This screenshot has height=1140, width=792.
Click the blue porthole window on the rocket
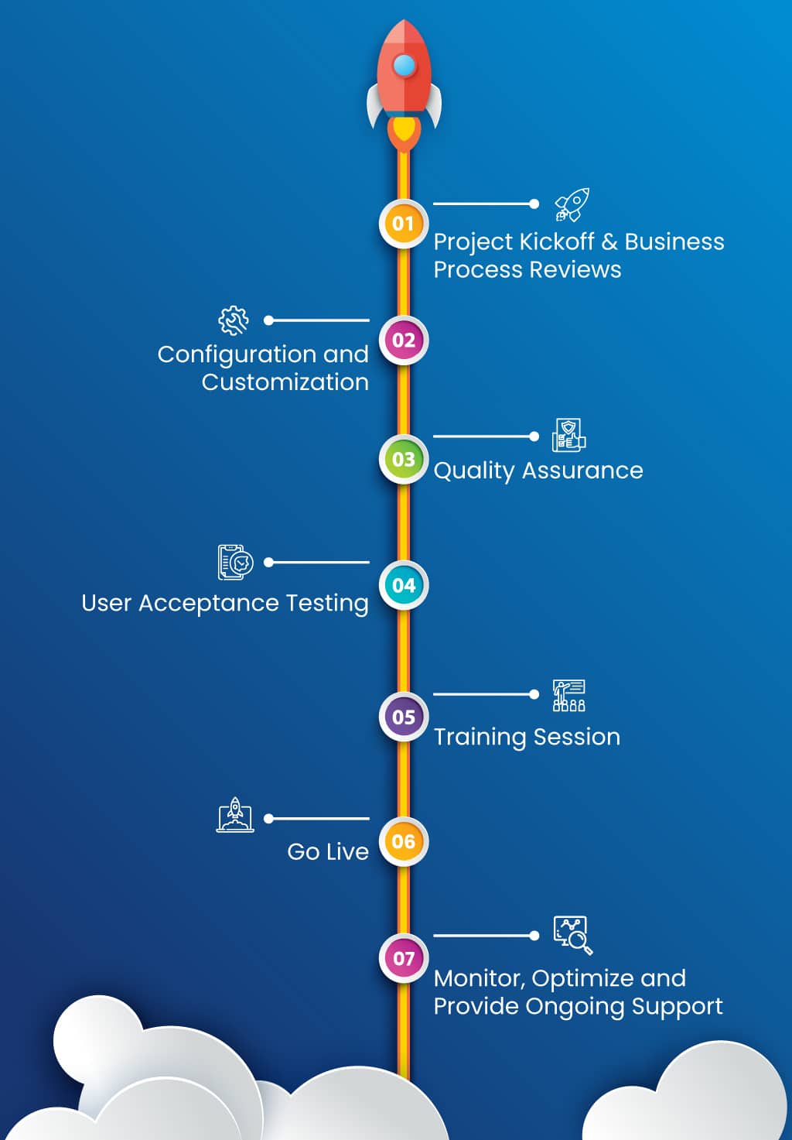[405, 66]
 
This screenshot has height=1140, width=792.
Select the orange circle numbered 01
[403, 224]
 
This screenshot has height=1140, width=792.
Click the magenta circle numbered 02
[403, 340]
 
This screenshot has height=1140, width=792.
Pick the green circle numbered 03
[403, 459]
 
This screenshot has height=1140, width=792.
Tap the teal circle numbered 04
[403, 585]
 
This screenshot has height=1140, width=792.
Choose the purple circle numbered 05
[403, 717]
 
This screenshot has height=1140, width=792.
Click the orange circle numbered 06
[403, 841]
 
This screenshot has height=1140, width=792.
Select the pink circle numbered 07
[403, 958]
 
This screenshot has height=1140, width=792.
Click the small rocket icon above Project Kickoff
[572, 204]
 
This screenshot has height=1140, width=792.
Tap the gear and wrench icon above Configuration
[234, 320]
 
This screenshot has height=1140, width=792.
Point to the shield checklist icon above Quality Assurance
[568, 436]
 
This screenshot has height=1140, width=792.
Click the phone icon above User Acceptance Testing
[235, 562]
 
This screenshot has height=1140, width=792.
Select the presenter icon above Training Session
[568, 695]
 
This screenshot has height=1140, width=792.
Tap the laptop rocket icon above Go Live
[235, 816]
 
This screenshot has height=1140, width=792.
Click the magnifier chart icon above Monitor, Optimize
[572, 935]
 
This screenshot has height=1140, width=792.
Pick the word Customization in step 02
[285, 382]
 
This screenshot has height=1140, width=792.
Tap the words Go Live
[328, 851]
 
